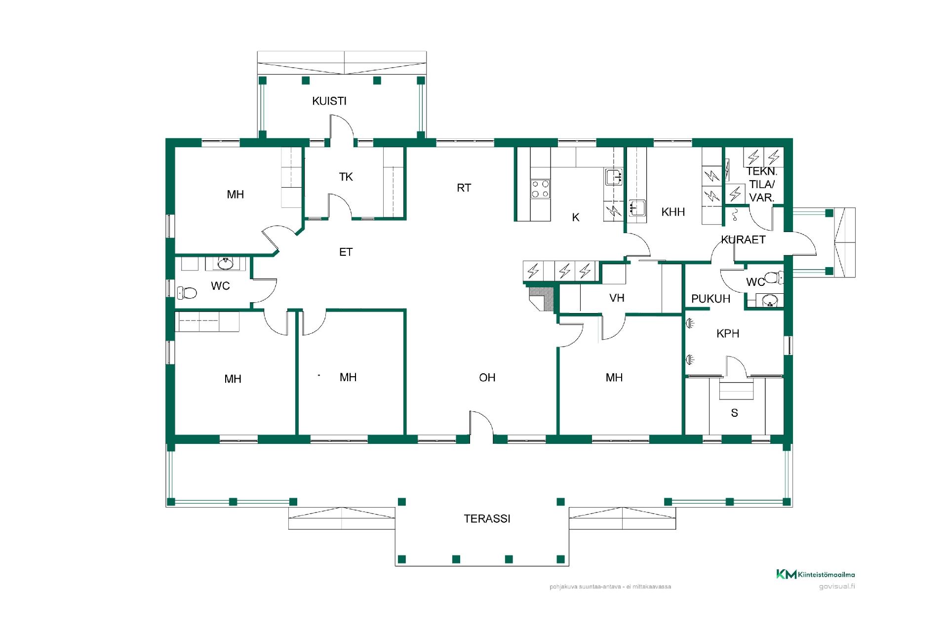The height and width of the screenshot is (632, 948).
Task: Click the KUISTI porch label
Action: pos(329,101)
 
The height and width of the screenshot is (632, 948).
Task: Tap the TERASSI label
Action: pos(487,519)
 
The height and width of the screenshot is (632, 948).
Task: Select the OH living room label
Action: pos(487,378)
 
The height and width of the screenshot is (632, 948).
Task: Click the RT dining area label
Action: pos(464,188)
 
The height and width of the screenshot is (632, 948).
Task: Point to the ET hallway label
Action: pos(346,252)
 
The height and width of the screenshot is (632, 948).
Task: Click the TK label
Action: pos(346,177)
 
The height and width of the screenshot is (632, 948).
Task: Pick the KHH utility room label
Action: pos(673,212)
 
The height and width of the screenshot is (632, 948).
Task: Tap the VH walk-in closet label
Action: pos(617,298)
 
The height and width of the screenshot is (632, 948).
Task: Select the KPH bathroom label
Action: pos(728,334)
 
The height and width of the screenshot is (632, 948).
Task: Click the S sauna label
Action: pos(734,413)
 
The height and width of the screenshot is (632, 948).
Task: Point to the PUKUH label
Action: pos(711,299)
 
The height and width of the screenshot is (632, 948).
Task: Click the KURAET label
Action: pos(743,240)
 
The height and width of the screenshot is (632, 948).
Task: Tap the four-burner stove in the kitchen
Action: pos(540,189)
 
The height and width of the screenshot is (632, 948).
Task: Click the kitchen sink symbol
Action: pos(614,177)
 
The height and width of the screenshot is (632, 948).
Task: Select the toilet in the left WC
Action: pos(187,293)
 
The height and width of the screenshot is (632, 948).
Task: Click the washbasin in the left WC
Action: pos(226,263)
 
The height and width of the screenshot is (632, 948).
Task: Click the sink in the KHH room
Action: pos(637,208)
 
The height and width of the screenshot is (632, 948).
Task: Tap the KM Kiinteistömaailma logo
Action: pos(816,574)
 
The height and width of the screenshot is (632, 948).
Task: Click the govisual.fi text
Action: pos(836,587)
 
